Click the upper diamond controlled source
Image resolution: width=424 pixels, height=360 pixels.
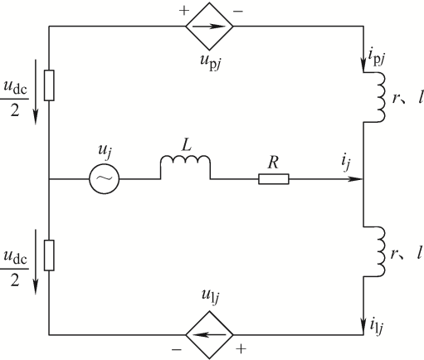pyautogui.click(x=209, y=27)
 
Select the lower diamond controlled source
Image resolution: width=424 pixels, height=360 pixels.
pyautogui.click(x=209, y=335)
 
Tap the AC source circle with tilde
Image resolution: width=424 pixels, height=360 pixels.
pyautogui.click(x=105, y=179)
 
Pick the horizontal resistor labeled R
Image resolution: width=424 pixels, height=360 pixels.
pyautogui.click(x=274, y=179)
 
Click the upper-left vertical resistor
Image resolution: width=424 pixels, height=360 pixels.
pyautogui.click(x=49, y=85)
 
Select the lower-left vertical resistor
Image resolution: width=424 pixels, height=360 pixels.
pyautogui.click(x=49, y=255)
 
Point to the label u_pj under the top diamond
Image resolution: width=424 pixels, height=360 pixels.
pyautogui.click(x=211, y=62)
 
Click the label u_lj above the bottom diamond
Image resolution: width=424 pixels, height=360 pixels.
pyautogui.click(x=211, y=297)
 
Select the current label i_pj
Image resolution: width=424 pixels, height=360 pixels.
pyautogui.click(x=377, y=57)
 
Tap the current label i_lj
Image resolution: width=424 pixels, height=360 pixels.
pyautogui.click(x=377, y=326)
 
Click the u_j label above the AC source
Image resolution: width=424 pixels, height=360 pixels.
pyautogui.click(x=105, y=152)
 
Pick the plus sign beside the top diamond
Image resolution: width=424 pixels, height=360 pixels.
pyautogui.click(x=184, y=11)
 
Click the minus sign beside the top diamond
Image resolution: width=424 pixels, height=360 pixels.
pyautogui.click(x=238, y=12)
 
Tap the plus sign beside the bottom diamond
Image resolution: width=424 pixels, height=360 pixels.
pyautogui.click(x=241, y=349)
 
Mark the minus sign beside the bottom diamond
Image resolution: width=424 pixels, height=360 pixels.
pyautogui.click(x=177, y=350)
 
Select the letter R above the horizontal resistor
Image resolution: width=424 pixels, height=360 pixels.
pyautogui.click(x=273, y=163)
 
